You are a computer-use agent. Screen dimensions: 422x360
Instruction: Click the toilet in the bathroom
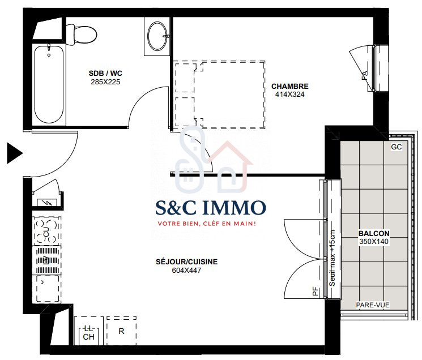tap(81, 35)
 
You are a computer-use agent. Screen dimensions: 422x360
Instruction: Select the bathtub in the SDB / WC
tap(49, 84)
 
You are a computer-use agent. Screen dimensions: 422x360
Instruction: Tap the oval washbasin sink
tap(157, 36)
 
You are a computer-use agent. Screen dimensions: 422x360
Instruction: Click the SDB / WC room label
tap(105, 73)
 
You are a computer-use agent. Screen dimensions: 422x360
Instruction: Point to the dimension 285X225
tap(105, 82)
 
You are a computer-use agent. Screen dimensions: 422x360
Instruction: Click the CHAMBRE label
tap(290, 86)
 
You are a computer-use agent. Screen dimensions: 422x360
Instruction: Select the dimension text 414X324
tap(290, 95)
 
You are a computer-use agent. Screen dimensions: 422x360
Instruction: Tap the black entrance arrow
tap(15, 153)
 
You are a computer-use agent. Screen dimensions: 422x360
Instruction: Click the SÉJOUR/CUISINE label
tap(187, 262)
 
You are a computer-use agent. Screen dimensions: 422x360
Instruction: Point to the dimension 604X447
tap(187, 270)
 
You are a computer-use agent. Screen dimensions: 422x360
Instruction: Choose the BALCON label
tap(374, 233)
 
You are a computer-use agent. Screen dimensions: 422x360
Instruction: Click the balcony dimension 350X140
tap(374, 242)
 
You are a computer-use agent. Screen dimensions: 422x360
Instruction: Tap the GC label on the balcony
tap(397, 147)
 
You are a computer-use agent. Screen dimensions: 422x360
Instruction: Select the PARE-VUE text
tap(373, 305)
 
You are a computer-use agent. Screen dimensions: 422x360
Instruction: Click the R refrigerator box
tap(121, 331)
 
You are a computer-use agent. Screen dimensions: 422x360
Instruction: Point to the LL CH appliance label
tap(88, 333)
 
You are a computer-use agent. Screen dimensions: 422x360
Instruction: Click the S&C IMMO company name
tap(211, 208)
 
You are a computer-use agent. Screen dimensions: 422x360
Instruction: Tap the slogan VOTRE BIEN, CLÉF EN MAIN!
tap(207, 224)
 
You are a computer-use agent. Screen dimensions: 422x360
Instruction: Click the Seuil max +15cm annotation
tap(333, 258)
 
